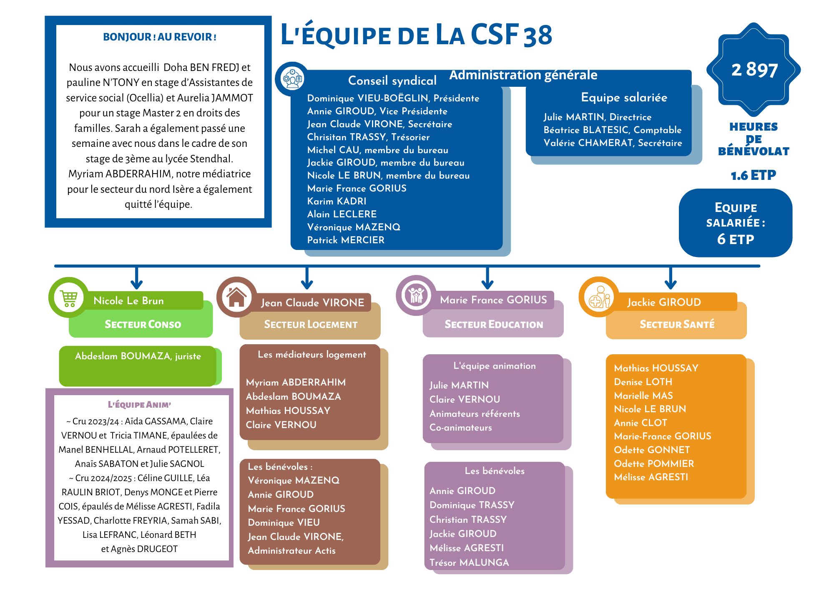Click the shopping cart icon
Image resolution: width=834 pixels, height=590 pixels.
[x=69, y=298]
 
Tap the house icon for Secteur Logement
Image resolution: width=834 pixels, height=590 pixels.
[x=236, y=297]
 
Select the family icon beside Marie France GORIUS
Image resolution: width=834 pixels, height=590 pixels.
[x=416, y=295]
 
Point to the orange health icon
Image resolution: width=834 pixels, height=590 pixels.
[x=599, y=297]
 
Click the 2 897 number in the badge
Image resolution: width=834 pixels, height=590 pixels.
[x=754, y=70]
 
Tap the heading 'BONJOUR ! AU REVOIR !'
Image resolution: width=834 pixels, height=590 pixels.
[x=160, y=37]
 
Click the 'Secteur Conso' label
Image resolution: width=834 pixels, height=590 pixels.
[x=143, y=324]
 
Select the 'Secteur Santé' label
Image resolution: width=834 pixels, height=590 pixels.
[x=677, y=324]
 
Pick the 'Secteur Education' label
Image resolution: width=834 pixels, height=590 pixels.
[x=494, y=324]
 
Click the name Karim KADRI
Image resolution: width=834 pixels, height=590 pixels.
[x=337, y=201]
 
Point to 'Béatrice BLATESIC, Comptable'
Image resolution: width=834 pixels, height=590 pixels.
[x=612, y=130]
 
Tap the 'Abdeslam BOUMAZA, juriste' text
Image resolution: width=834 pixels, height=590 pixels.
[x=138, y=356]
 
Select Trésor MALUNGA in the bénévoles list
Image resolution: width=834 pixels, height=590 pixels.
[x=469, y=562]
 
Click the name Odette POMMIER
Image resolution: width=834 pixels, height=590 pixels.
[x=654, y=464]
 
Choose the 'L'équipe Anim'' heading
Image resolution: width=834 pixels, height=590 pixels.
[x=139, y=404]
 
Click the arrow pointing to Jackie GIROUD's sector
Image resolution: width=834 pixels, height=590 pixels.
[x=670, y=279]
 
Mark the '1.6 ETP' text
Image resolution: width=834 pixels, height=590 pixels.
[x=753, y=175]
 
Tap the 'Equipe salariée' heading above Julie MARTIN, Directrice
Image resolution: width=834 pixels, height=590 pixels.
[x=624, y=98]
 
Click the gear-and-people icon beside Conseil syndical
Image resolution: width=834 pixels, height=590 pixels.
[x=292, y=78]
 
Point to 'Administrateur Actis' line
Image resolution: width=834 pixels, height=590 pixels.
[x=291, y=550]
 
